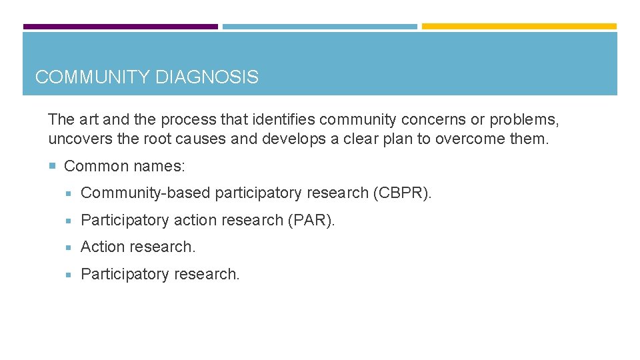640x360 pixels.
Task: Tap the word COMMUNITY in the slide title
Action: coord(93,77)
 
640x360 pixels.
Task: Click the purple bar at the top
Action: coord(121,27)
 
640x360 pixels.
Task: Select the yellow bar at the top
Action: coord(519,27)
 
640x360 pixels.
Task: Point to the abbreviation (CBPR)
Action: coord(402,193)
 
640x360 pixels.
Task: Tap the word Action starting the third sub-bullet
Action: coord(101,247)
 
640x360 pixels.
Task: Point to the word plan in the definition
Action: coord(396,139)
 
